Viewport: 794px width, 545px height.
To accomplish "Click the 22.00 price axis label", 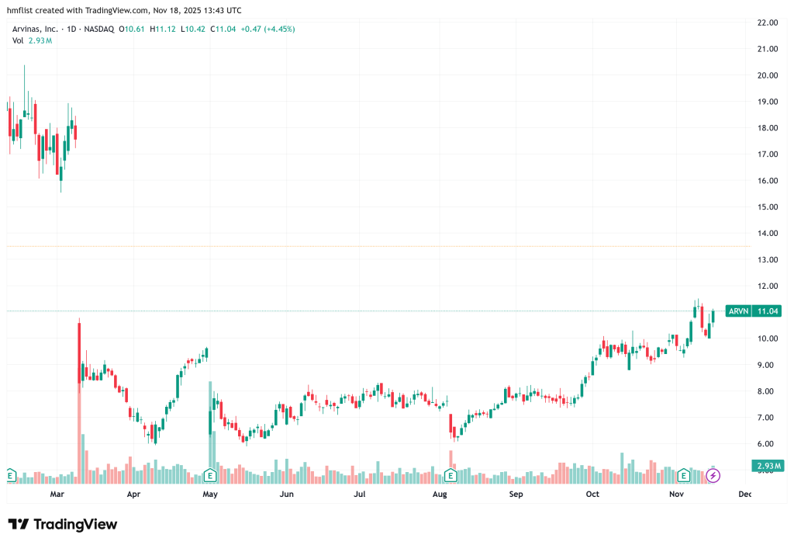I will (x=767, y=23).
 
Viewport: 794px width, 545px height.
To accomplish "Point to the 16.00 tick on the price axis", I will (x=767, y=181).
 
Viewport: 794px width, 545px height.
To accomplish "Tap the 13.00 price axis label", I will (x=767, y=259).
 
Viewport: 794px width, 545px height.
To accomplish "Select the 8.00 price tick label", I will (x=767, y=391).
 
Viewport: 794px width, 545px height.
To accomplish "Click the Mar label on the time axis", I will (x=56, y=494).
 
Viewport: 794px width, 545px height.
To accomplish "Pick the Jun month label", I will (x=286, y=494).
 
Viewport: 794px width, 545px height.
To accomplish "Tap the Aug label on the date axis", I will (x=440, y=494).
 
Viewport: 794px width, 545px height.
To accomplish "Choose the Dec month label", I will (x=745, y=494).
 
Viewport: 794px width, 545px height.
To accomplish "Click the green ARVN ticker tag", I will (x=739, y=311).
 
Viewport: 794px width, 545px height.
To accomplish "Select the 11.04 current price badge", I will (x=768, y=311).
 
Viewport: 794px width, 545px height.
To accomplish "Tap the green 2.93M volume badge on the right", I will (x=767, y=466).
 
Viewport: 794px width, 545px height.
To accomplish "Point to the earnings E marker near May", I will (x=209, y=474).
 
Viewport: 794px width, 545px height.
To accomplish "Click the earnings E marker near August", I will (x=449, y=474).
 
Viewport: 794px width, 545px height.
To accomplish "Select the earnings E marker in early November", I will (x=684, y=474).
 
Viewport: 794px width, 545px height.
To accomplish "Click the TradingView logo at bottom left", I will (x=63, y=525).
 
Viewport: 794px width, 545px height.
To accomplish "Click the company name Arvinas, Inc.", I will (x=35, y=30).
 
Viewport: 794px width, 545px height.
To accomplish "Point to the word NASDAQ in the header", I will (x=99, y=30).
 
